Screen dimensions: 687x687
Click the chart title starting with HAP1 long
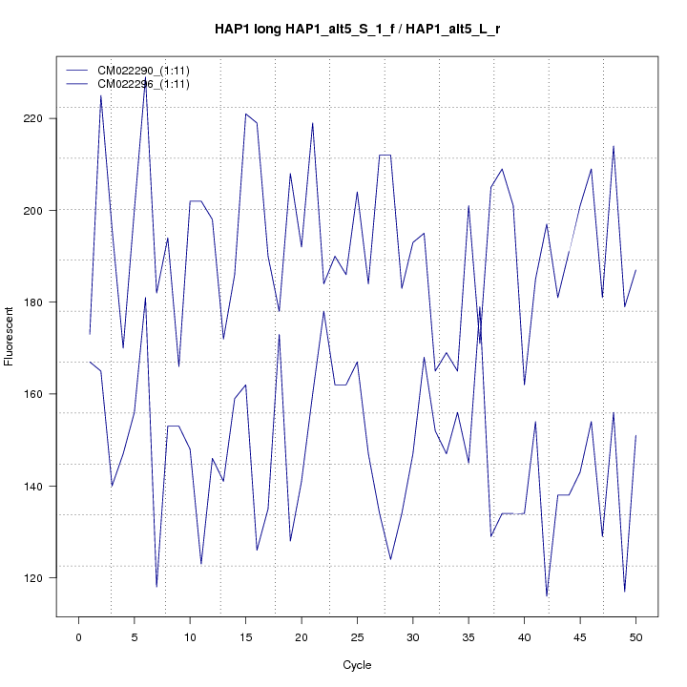click(x=358, y=30)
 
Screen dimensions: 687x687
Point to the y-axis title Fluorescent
click(x=10, y=335)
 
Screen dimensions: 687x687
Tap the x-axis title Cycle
click(x=357, y=665)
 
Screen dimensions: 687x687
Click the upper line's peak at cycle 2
click(x=101, y=95)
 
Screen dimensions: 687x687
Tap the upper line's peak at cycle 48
click(x=614, y=146)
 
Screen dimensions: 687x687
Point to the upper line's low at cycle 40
click(x=524, y=385)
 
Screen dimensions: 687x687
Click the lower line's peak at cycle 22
click(x=323, y=311)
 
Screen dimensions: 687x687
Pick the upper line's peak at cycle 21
click(x=312, y=123)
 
